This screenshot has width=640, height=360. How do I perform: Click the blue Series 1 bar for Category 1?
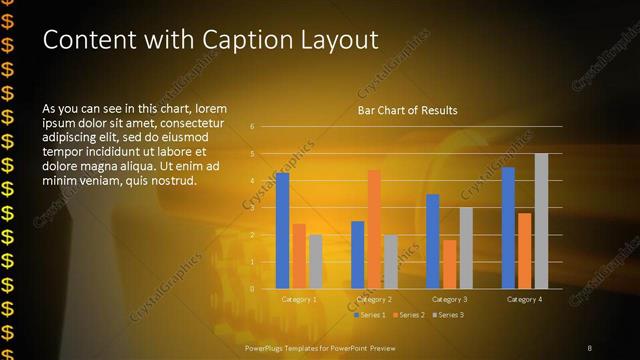click(282, 230)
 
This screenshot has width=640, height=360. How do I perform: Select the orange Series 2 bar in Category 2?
click(374, 229)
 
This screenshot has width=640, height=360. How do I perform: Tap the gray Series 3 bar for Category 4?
click(541, 221)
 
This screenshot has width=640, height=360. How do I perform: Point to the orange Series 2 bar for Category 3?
click(449, 264)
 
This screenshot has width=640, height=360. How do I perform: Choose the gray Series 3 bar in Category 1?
click(315, 261)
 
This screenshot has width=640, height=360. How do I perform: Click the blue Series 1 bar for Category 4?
click(508, 227)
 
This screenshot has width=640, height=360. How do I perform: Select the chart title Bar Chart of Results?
click(407, 110)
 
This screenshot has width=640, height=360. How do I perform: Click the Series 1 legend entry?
click(372, 315)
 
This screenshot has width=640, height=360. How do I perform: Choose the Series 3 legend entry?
click(447, 315)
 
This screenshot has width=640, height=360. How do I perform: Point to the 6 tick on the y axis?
click(252, 127)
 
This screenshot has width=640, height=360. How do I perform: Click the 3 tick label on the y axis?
click(252, 208)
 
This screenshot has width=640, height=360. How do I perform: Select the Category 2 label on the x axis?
click(374, 299)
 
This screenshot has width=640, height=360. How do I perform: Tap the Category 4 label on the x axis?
click(524, 299)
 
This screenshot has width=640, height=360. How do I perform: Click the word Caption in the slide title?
click(250, 40)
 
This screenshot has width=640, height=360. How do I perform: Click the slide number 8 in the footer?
click(589, 347)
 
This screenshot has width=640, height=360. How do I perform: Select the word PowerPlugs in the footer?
click(267, 347)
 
